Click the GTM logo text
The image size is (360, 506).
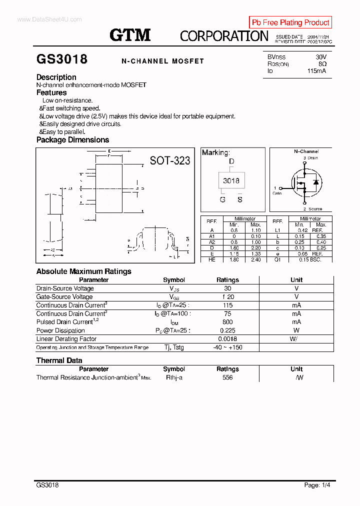point(130,35)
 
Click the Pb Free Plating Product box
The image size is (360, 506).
point(290,22)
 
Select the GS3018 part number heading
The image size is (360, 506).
point(62,59)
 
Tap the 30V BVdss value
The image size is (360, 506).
point(321,57)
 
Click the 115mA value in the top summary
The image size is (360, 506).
point(317,71)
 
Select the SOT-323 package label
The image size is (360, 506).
point(170,160)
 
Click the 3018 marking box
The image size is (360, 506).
point(231,181)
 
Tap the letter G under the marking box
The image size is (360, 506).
point(222,199)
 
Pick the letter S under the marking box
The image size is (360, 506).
point(240,199)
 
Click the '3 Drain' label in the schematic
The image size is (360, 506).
point(310,158)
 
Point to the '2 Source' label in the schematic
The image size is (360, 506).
point(312,209)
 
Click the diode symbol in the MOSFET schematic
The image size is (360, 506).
point(315,182)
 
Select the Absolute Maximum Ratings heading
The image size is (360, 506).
point(83,271)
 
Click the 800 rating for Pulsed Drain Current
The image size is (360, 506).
point(227,322)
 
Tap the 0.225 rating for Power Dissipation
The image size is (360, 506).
point(227,330)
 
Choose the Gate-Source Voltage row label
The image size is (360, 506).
point(64,297)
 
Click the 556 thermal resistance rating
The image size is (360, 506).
point(227,377)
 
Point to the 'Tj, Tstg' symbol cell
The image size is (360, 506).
point(174,347)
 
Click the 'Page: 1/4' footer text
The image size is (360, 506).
point(317,485)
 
